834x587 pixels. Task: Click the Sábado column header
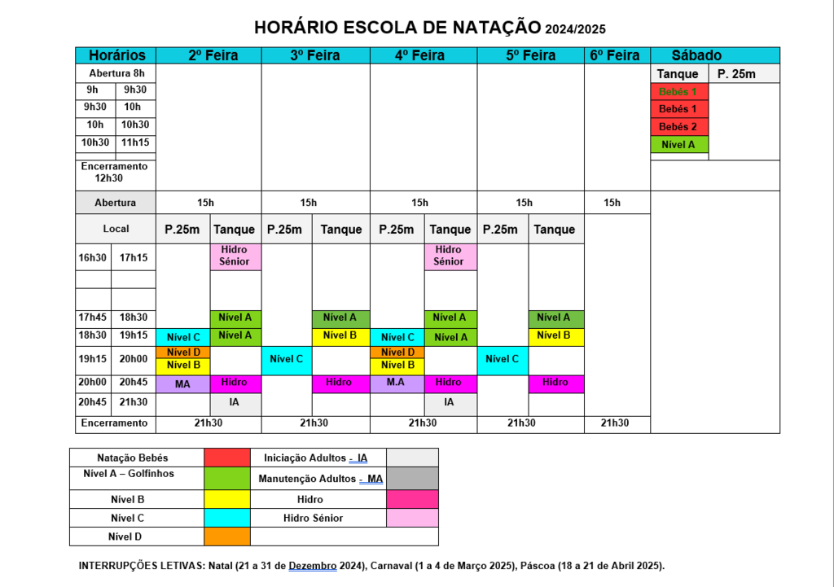pos(696,55)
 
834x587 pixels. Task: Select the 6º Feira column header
pos(613,55)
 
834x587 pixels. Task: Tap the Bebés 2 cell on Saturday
pos(678,127)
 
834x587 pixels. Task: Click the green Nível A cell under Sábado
pos(678,145)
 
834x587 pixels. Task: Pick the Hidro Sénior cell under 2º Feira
pos(235,256)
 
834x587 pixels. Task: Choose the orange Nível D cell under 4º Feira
pos(397,353)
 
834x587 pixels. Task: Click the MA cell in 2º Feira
pos(182,383)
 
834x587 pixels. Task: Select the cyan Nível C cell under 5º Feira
pos(502,359)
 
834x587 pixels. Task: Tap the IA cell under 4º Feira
pos(449,402)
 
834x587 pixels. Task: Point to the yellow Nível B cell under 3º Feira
pos(340,335)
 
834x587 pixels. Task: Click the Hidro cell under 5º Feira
pos(555,383)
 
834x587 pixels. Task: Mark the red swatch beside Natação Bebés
pos(227,458)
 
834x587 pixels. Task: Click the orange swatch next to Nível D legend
pos(227,537)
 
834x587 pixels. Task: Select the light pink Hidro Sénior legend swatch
pos(413,518)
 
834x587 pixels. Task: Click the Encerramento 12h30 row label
pos(115,172)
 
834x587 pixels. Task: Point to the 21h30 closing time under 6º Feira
pos(614,423)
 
